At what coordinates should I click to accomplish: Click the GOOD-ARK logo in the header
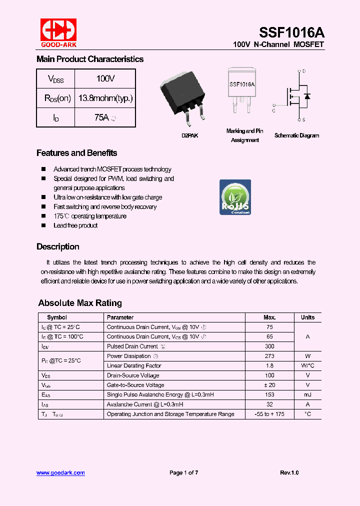[x=58, y=33]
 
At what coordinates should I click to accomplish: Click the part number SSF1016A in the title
[x=291, y=32]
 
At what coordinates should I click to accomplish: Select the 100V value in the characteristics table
[x=105, y=78]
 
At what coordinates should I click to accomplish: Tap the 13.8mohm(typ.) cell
[x=105, y=98]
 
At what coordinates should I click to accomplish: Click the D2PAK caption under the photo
[x=189, y=135]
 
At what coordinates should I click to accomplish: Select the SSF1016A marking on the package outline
[x=242, y=84]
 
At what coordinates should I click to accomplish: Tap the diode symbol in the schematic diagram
[x=307, y=95]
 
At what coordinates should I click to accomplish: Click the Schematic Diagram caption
[x=296, y=135]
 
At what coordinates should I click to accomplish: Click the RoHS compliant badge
[x=235, y=197]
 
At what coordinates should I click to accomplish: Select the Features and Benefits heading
[x=77, y=153]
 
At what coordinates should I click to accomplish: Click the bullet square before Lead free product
[x=43, y=225]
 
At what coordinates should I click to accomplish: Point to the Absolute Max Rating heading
[x=80, y=303]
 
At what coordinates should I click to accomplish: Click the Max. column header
[x=269, y=317]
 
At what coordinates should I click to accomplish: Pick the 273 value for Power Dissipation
[x=269, y=356]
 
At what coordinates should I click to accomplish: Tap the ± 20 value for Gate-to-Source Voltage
[x=269, y=385]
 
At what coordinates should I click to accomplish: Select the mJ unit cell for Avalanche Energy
[x=307, y=394]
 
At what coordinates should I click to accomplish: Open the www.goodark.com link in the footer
[x=60, y=472]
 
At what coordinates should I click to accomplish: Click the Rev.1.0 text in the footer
[x=289, y=472]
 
